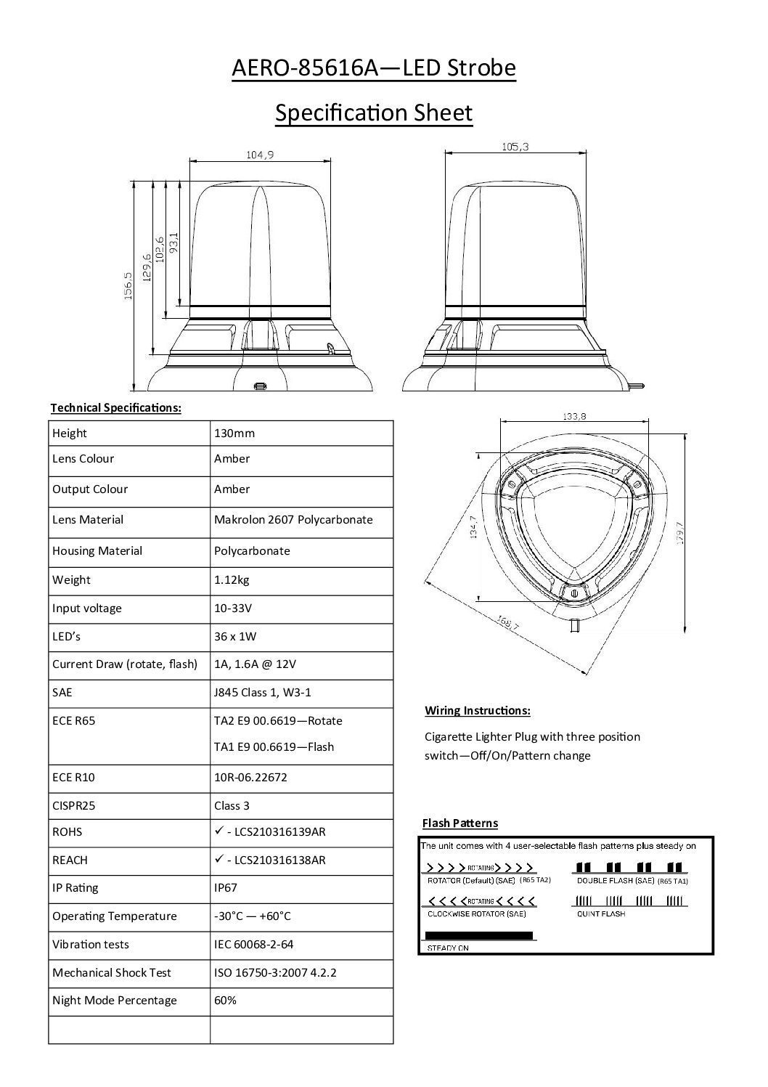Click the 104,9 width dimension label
[260, 154]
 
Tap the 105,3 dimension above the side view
[515, 147]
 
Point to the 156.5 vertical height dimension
[128, 285]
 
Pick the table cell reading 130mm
[234, 433]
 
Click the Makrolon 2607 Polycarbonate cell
[293, 520]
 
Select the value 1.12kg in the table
[232, 579]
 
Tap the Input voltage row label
[87, 608]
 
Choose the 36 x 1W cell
[235, 637]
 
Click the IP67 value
[226, 888]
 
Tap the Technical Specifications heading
[115, 408]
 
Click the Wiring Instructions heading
[478, 710]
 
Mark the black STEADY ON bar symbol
[478, 935]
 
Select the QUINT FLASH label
[601, 913]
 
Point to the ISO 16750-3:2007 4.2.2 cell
[275, 973]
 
